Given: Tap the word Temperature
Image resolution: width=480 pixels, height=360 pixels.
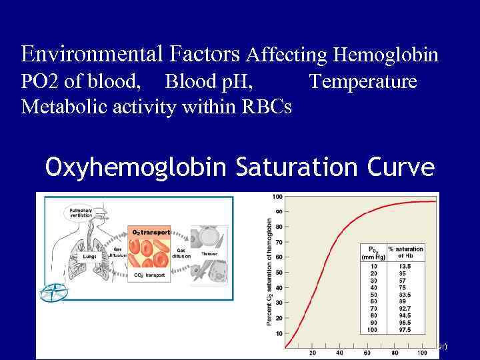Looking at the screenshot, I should pyautogui.click(x=363, y=81).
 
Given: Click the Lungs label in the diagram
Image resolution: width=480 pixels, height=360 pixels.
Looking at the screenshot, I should pyautogui.click(x=89, y=255).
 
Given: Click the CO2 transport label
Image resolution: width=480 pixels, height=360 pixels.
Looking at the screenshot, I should pyautogui.click(x=149, y=274).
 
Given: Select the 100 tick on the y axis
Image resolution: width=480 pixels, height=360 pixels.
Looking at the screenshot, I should pyautogui.click(x=277, y=196).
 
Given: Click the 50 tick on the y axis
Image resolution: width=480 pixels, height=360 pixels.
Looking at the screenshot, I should pyautogui.click(x=277, y=273).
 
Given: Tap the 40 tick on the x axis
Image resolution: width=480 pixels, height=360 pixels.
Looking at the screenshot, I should pyautogui.click(x=340, y=353).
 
